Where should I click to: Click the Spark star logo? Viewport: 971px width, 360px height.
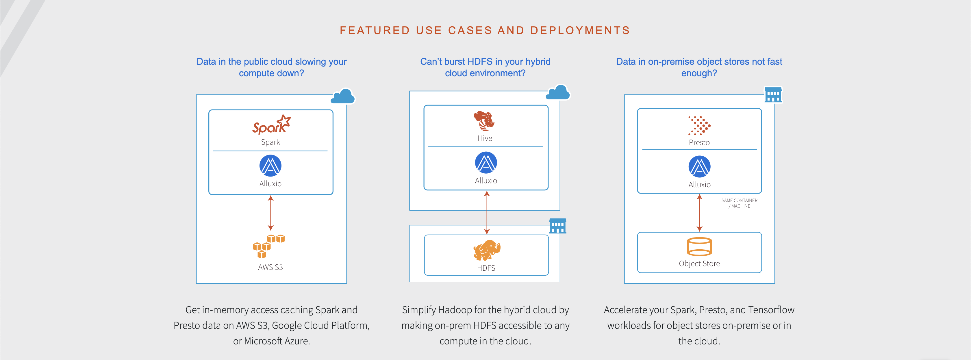tap(271, 125)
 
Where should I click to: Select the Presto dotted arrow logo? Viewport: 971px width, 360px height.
tap(699, 125)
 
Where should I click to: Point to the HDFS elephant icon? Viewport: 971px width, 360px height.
tap(487, 250)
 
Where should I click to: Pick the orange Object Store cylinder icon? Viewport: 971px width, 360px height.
tap(699, 246)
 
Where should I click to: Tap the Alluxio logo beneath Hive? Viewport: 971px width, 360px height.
tap(486, 162)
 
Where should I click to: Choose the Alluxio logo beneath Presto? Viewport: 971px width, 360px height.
tap(699, 167)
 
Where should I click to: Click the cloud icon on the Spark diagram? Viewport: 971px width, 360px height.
tap(343, 96)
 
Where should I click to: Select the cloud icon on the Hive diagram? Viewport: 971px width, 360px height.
tap(558, 92)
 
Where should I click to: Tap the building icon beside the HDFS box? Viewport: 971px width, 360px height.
tap(557, 226)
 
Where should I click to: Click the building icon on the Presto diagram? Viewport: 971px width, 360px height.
tap(773, 94)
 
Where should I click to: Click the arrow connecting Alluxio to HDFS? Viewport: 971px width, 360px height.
tap(487, 213)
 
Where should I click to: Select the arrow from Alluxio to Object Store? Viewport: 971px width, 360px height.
tap(699, 213)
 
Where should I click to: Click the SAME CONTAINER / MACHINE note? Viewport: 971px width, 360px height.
tap(739, 203)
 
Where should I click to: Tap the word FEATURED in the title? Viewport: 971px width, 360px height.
tap(375, 30)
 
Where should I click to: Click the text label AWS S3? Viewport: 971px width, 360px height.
tap(270, 267)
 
